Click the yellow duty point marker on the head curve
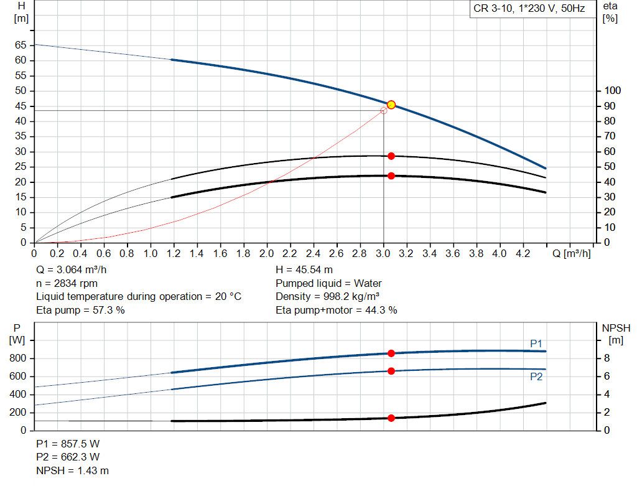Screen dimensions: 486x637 391,105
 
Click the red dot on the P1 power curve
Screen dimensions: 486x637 391,353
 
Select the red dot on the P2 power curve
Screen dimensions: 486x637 391,371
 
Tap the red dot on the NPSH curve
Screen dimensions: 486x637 391,418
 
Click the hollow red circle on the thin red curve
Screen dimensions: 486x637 383,111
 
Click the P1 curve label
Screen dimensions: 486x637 536,343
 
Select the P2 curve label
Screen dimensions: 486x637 536,376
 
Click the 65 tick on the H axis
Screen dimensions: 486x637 21,45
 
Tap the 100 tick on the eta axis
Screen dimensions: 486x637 612,91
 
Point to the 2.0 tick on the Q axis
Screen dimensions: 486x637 266,254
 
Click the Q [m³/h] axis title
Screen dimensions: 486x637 572,254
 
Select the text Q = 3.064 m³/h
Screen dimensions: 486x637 75,270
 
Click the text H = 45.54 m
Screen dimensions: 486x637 304,270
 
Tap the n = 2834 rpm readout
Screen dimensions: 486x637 68,283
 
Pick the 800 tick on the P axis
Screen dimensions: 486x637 18,358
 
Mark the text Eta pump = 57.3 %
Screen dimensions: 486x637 81,310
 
